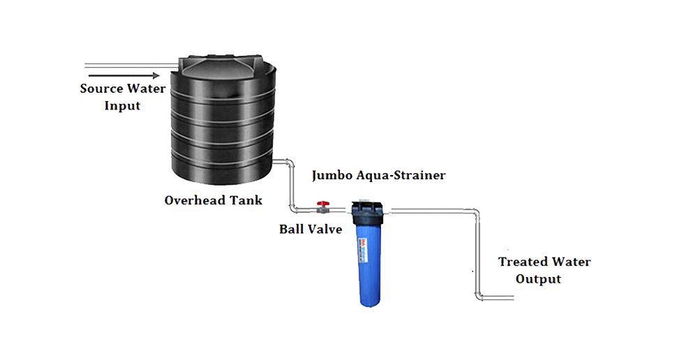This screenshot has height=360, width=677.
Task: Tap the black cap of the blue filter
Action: click(x=366, y=207)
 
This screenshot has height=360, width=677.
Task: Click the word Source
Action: click(x=102, y=89)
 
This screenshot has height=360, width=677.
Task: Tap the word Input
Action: click(x=122, y=105)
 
